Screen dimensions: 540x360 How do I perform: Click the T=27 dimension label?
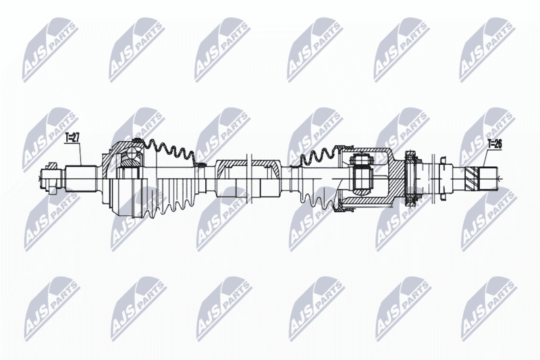(72, 138)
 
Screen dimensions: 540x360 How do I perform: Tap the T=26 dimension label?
(495, 145)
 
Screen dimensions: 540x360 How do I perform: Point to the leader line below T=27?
(81, 154)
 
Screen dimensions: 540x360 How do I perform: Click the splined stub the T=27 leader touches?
(81, 179)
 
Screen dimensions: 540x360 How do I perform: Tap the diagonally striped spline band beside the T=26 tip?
(471, 178)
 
